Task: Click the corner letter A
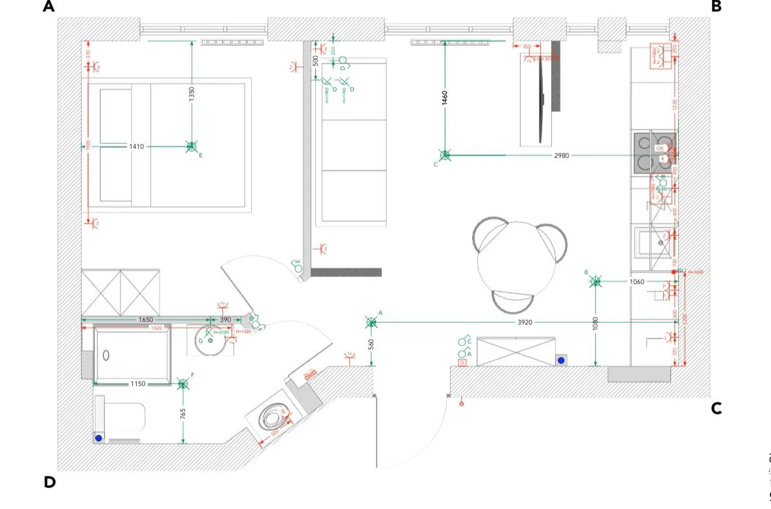pyautogui.click(x=48, y=7)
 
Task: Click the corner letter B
pyautogui.click(x=716, y=7)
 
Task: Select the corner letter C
pyautogui.click(x=716, y=408)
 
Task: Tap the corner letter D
pyautogui.click(x=50, y=482)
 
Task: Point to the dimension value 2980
pyautogui.click(x=561, y=156)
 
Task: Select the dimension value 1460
pyautogui.click(x=445, y=99)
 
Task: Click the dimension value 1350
pyautogui.click(x=192, y=94)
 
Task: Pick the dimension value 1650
pyautogui.click(x=145, y=320)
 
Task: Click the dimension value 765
pyautogui.click(x=184, y=414)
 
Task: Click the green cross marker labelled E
pyautogui.click(x=191, y=147)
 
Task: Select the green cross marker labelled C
pyautogui.click(x=445, y=156)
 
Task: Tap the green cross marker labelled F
pyautogui.click(x=183, y=384)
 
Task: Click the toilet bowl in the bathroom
pyautogui.click(x=271, y=416)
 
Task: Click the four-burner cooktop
pyautogui.click(x=654, y=153)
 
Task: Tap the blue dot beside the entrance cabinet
pyautogui.click(x=560, y=360)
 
